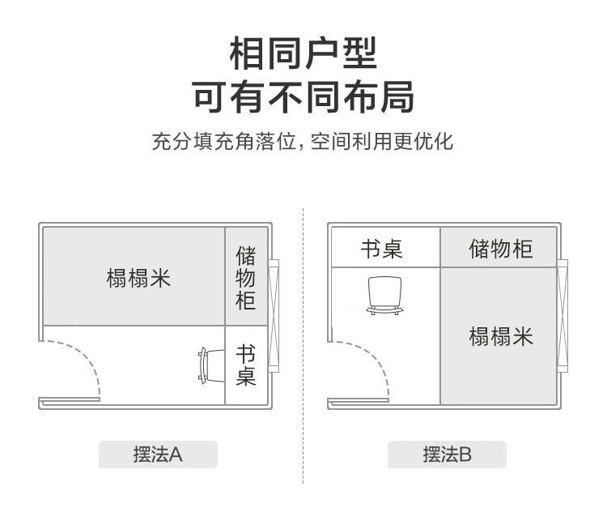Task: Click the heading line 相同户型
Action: [303, 54]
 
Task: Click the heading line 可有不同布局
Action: [303, 96]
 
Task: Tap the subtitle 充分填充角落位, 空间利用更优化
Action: [303, 142]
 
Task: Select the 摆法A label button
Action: [158, 454]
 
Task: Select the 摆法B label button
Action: [447, 454]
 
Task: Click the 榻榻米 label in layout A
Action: [138, 278]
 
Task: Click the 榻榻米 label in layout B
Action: [501, 336]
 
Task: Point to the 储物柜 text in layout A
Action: [246, 279]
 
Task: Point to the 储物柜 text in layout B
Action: [500, 248]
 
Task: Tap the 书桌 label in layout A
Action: [246, 365]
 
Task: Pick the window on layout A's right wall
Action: [274, 315]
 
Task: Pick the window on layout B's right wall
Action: [562, 315]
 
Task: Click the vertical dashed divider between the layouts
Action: [303, 340]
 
